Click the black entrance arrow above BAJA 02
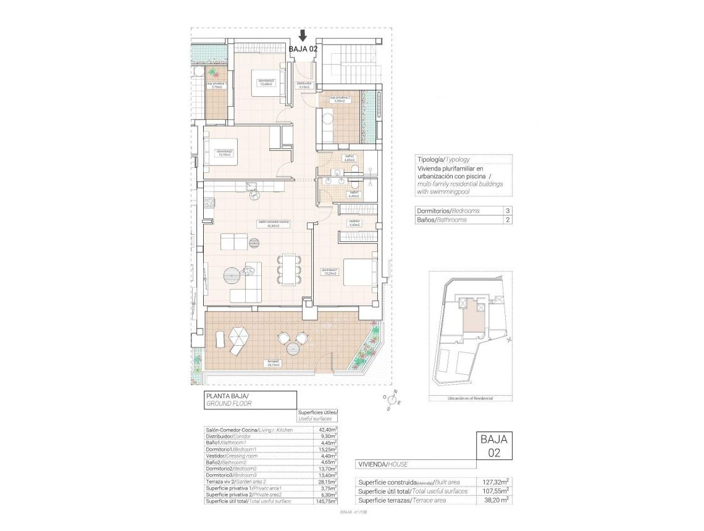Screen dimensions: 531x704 point(303,35)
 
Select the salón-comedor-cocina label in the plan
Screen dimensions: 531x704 point(274,224)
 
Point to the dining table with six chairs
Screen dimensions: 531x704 point(289,269)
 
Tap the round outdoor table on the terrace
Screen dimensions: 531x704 point(283,338)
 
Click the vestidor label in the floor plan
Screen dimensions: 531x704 point(354,223)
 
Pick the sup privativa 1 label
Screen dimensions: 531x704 point(216,85)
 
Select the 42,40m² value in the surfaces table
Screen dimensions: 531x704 point(327,430)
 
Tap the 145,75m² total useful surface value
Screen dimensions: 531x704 point(326,502)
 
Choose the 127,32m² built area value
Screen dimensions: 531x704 point(495,481)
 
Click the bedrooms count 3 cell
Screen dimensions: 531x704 point(507,211)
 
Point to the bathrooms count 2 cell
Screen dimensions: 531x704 point(507,220)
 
